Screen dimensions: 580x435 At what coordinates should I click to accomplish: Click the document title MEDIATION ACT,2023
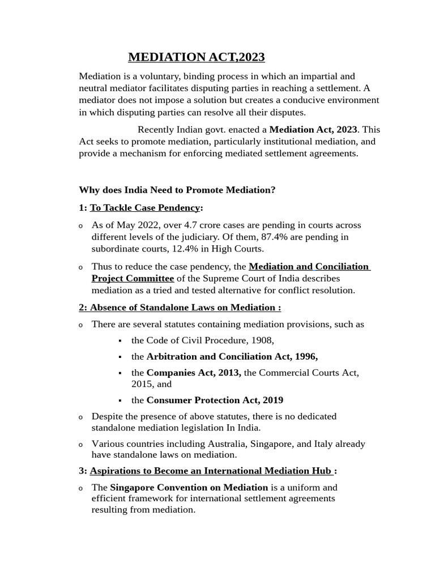pyautogui.click(x=196, y=57)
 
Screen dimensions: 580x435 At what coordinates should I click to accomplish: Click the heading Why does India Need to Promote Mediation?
pyautogui.click(x=177, y=190)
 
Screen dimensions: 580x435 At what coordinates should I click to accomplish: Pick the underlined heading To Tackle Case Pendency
pyautogui.click(x=144, y=208)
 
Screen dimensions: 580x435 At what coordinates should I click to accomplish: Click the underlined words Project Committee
pyautogui.click(x=133, y=278)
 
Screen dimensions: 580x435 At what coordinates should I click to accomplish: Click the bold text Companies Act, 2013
pyautogui.click(x=194, y=373)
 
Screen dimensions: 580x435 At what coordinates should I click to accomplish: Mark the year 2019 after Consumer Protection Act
pyautogui.click(x=272, y=400)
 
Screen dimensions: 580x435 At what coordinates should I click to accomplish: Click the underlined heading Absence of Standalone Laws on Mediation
pyautogui.click(x=183, y=308)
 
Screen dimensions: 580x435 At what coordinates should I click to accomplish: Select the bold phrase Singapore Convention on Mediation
pyautogui.click(x=189, y=487)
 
